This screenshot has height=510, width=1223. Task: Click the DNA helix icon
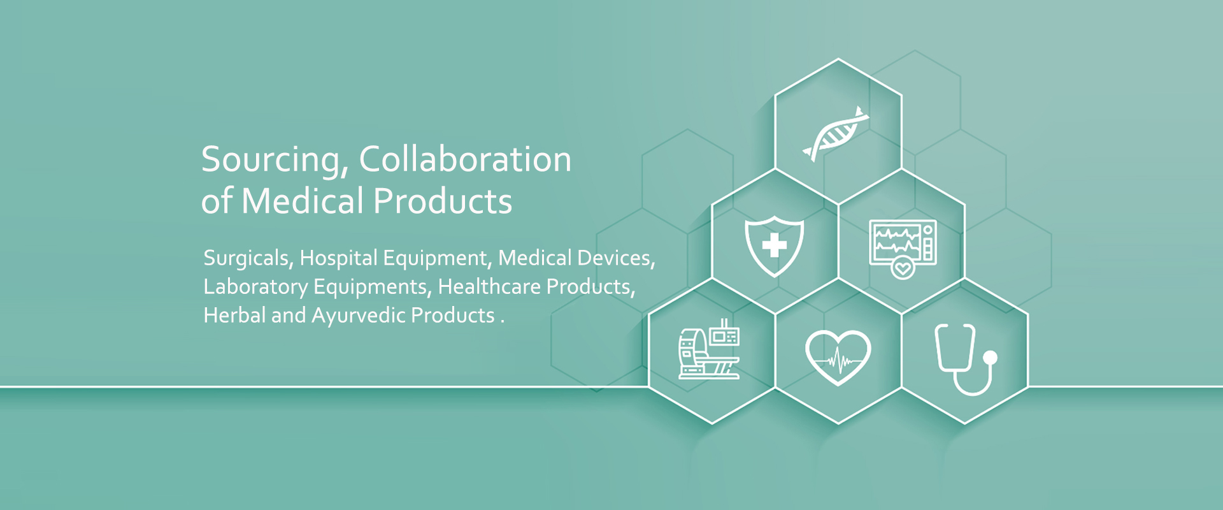tap(836, 134)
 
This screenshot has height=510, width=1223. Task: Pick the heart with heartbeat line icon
tap(838, 357)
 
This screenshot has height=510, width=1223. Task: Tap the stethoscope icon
tap(965, 360)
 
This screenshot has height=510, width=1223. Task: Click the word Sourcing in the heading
tap(275, 159)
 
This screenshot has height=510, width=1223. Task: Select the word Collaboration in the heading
tap(465, 159)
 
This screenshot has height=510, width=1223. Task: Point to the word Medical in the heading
tap(303, 201)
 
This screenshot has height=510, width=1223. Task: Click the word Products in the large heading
tap(443, 201)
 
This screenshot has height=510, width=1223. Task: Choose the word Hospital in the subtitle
tap(339, 258)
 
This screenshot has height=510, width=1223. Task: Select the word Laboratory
tap(255, 287)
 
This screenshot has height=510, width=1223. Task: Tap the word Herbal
tap(234, 315)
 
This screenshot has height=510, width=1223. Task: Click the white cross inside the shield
tap(775, 245)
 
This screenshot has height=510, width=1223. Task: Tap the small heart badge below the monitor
tap(903, 268)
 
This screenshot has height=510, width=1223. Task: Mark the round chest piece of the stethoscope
tap(989, 358)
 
